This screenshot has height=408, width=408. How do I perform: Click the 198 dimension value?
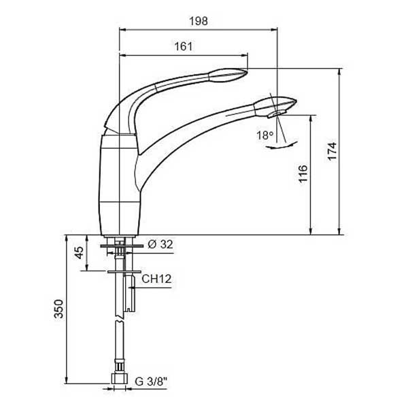pos(199,21)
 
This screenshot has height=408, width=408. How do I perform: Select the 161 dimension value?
pos(184,46)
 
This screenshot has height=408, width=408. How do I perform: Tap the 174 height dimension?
pos(332,152)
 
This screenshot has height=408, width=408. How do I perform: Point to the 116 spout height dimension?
pos(303,174)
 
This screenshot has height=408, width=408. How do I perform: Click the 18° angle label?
pos(265,135)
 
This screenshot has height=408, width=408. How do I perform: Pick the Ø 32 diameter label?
pos(160,244)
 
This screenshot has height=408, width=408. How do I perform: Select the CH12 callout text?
pos(156,279)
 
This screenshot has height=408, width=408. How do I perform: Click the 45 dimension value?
pos(80,252)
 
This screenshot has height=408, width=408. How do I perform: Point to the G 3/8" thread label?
pos(151,381)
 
